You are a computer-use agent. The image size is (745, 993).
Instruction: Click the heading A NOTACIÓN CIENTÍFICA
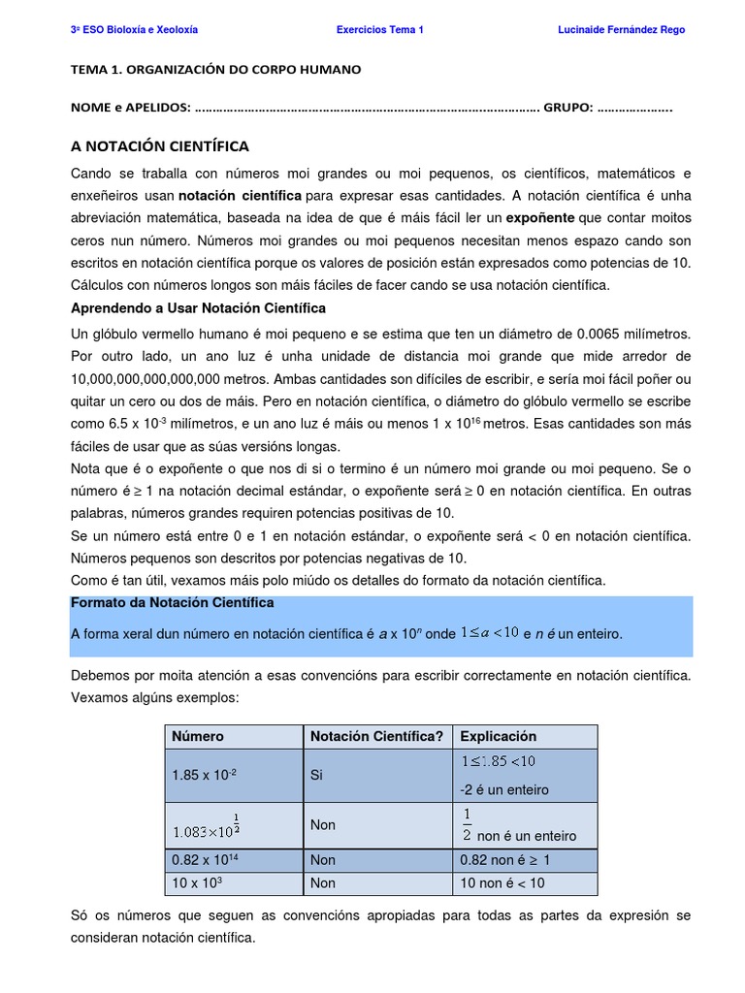click(x=160, y=146)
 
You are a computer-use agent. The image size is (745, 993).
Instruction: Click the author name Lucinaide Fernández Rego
click(x=621, y=30)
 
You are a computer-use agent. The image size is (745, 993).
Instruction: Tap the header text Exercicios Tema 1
click(x=379, y=30)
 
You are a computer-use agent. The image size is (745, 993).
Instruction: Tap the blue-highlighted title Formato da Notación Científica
click(x=173, y=602)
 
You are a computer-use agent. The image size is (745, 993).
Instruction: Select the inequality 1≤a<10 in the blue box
click(x=489, y=633)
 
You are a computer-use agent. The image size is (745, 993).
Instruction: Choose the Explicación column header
click(x=498, y=736)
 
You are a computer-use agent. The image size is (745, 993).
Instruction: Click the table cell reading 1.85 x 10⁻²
click(x=204, y=776)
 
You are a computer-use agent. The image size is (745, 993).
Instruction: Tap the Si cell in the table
click(x=316, y=776)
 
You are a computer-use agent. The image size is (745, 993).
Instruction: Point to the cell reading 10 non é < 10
click(x=502, y=882)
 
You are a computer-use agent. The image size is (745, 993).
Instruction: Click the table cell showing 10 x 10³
click(x=198, y=882)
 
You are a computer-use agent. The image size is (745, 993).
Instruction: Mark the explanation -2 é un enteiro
click(x=504, y=789)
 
